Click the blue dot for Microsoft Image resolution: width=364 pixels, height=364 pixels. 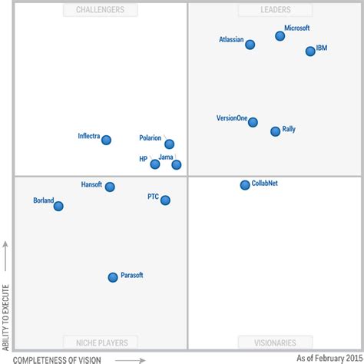(x=280, y=36)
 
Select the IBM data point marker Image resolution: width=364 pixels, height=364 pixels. (x=310, y=51)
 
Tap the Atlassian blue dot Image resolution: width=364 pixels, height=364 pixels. (x=250, y=45)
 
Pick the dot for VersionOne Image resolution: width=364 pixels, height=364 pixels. (x=253, y=122)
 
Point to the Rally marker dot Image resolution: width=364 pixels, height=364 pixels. (x=275, y=131)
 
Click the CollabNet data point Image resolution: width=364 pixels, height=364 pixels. (x=245, y=185)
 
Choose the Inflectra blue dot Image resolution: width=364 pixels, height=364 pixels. (x=106, y=140)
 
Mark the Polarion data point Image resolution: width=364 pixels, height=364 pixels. (x=169, y=144)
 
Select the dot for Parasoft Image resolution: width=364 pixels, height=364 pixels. (x=113, y=277)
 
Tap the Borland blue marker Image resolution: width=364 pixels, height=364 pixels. (x=58, y=206)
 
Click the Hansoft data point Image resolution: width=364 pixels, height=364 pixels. (x=110, y=187)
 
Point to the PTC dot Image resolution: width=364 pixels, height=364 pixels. (x=165, y=200)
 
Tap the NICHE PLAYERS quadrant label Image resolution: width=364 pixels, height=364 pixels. (x=101, y=342)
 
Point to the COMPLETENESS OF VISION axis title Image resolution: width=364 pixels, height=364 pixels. (x=57, y=358)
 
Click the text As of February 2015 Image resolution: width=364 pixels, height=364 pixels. (x=328, y=358)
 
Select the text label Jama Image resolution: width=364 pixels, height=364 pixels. (x=165, y=157)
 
